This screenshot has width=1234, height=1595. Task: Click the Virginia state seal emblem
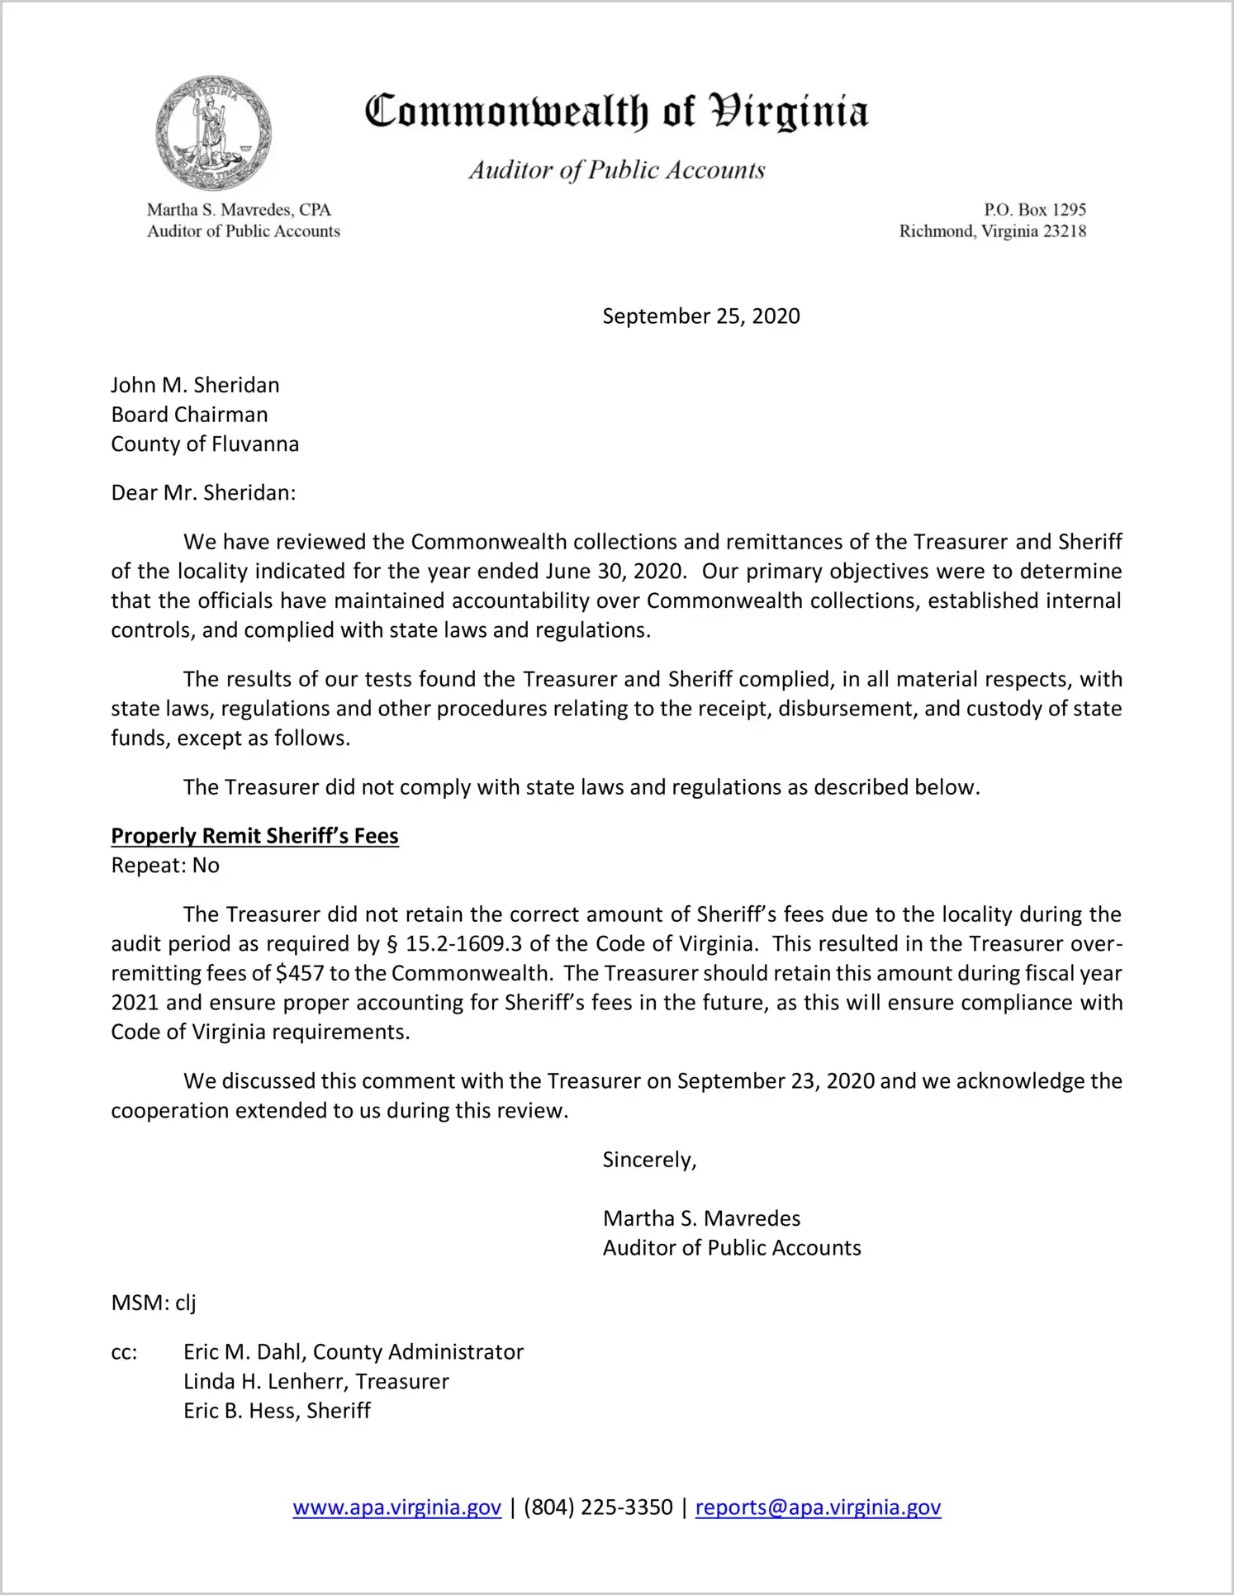[214, 133]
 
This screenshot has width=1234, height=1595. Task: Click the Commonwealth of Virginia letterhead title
[616, 112]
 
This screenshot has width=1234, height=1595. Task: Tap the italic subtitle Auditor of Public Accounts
[617, 170]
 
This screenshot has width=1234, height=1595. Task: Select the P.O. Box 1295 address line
[1034, 210]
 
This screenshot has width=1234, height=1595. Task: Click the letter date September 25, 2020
[700, 316]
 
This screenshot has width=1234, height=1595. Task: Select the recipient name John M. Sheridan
[195, 385]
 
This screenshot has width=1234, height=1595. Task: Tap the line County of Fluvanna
[205, 444]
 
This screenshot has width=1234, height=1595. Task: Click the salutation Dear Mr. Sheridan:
[203, 493]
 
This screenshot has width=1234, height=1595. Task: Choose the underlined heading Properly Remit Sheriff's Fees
[254, 836]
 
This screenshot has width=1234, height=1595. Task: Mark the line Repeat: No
[165, 866]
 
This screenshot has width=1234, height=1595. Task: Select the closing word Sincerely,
[649, 1160]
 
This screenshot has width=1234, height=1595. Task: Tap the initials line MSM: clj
[154, 1303]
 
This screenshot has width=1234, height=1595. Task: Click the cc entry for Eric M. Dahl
[354, 1352]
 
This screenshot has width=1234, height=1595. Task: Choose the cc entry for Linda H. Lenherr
[316, 1382]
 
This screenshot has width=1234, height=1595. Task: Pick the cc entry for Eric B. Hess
[277, 1411]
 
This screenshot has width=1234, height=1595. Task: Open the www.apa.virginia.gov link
[396, 1507]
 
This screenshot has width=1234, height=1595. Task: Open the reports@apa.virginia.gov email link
[818, 1507]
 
